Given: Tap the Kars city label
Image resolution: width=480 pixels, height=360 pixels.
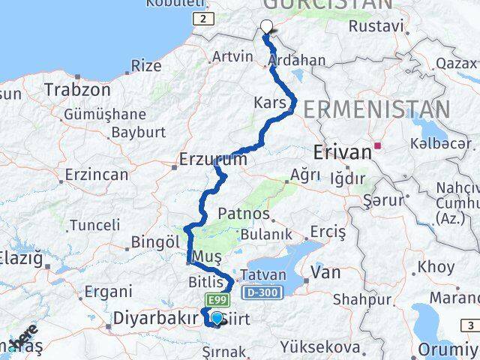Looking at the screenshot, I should (270, 103).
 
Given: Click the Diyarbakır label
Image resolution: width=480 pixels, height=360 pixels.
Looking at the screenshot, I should (155, 318).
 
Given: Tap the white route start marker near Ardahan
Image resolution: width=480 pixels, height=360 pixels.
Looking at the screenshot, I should (266, 28).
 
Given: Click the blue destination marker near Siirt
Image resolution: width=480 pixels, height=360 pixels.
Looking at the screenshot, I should (217, 319).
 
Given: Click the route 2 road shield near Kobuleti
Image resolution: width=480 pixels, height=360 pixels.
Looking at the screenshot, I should (202, 19).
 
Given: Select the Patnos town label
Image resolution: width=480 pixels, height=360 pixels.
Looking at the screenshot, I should (245, 214).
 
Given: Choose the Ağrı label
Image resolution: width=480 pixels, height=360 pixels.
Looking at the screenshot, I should (304, 175).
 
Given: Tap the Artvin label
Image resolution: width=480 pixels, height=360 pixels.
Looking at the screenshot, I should (232, 55).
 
